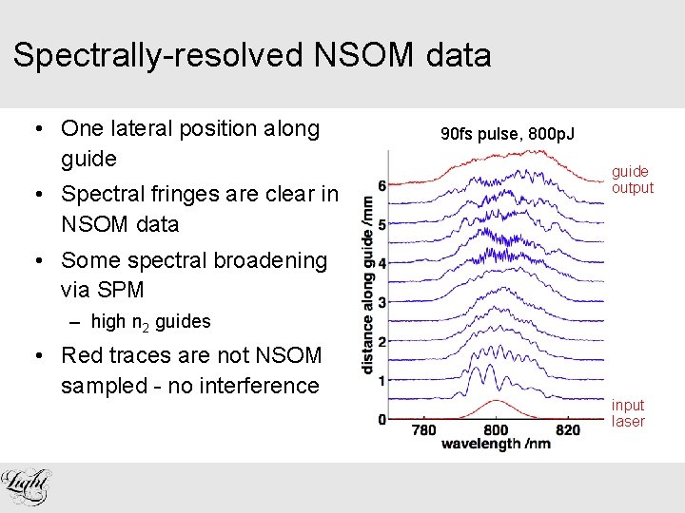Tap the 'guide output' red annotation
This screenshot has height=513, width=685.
tap(632, 180)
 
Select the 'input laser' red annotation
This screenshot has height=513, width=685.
tap(628, 413)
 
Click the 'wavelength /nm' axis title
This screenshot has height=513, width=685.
tap(496, 445)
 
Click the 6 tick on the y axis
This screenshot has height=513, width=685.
tap(382, 185)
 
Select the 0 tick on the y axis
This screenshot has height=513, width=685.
tap(382, 419)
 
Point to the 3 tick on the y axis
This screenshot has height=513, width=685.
tap(382, 302)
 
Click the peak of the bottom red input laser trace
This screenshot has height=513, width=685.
tap(497, 403)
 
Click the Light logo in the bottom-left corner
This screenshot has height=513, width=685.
tap(26, 485)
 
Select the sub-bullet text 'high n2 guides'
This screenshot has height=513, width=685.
tap(150, 322)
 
